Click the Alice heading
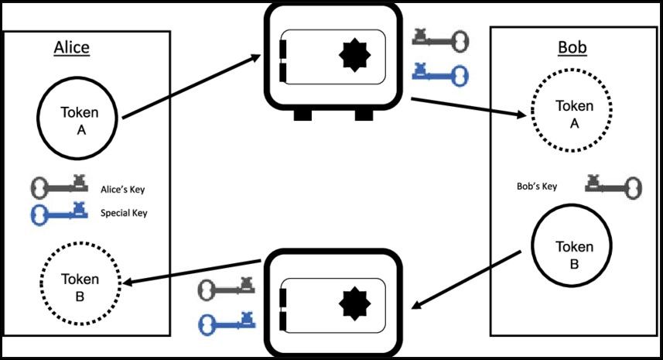pos(72,47)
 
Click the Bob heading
pos(572,48)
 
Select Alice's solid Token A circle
pos(79,120)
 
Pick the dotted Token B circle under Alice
pos(80,287)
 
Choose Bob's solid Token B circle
pos(574,255)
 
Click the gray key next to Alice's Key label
pos(58,187)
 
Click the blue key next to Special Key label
pos(58,211)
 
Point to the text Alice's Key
pos(123,188)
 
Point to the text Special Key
pos(124,212)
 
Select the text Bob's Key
pos(537,187)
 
